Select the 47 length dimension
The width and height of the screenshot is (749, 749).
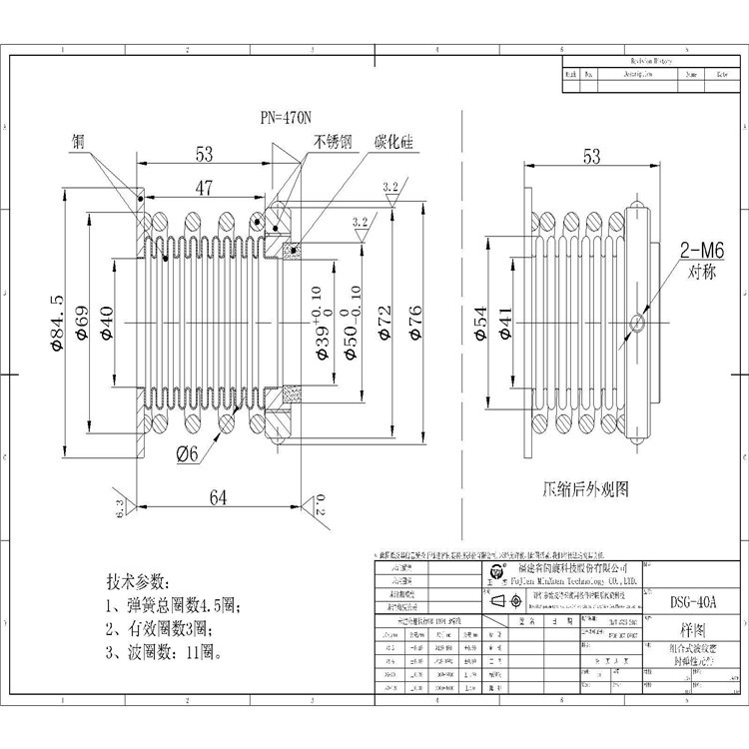pyautogui.click(x=204, y=187)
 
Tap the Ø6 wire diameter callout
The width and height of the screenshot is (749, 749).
pyautogui.click(x=189, y=453)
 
